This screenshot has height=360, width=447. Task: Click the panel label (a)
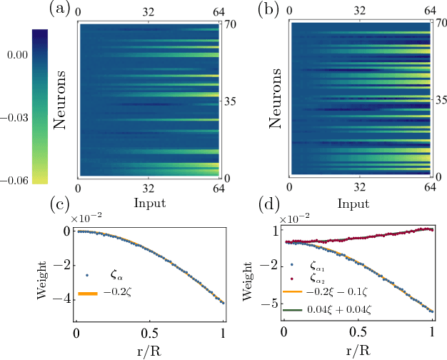(59, 9)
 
